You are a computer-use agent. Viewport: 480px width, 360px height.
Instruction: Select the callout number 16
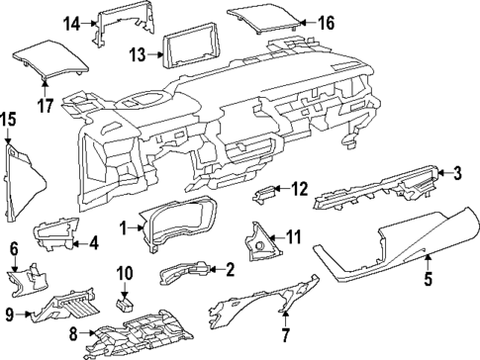point(326,22)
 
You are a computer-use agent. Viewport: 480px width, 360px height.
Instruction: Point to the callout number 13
point(139,53)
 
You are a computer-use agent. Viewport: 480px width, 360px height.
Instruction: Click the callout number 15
point(8,119)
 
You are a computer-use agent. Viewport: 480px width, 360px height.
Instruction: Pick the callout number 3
point(456,174)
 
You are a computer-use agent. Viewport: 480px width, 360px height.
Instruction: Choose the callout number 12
point(300,187)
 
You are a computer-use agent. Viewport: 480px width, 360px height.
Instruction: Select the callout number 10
point(125,272)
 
